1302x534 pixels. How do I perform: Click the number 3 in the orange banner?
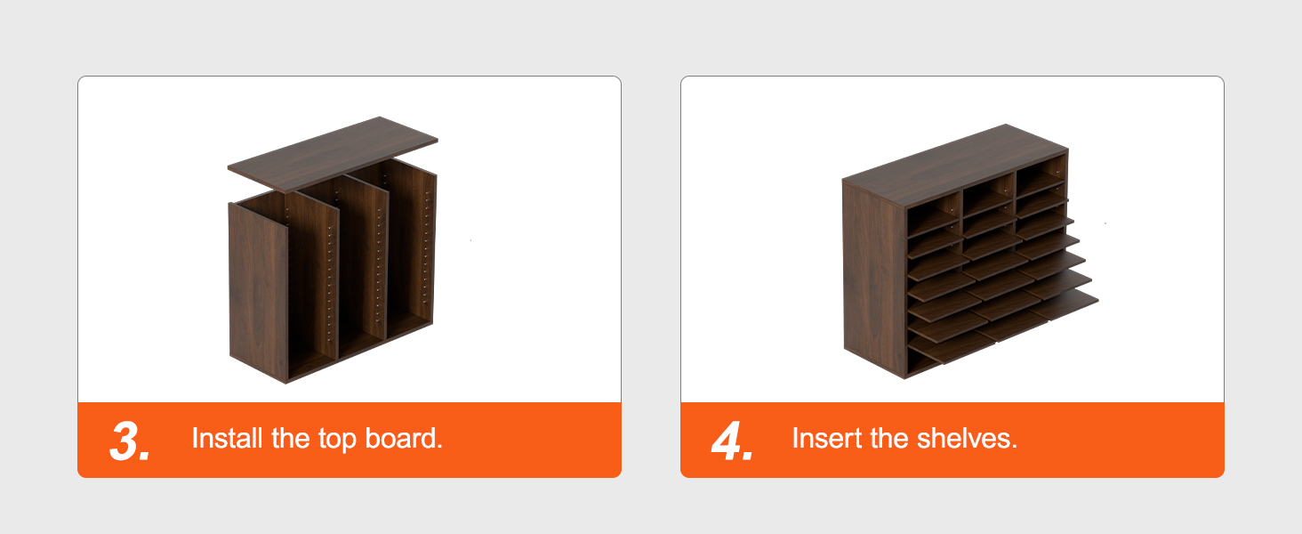pyautogui.click(x=128, y=441)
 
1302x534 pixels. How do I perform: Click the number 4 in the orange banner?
pyautogui.click(x=731, y=441)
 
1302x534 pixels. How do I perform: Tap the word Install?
pyautogui.click(x=223, y=438)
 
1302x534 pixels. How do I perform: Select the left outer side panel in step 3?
pyautogui.click(x=258, y=289)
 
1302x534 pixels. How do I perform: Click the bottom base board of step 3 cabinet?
pyautogui.click(x=356, y=351)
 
